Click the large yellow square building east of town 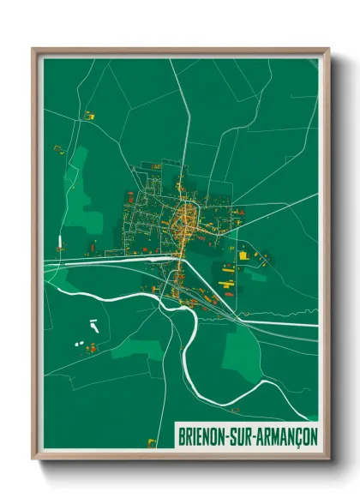(x=243, y=255)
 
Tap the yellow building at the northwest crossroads (x=87, y=113)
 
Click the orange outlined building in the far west (x=59, y=149)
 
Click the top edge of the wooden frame (x=180, y=51)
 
